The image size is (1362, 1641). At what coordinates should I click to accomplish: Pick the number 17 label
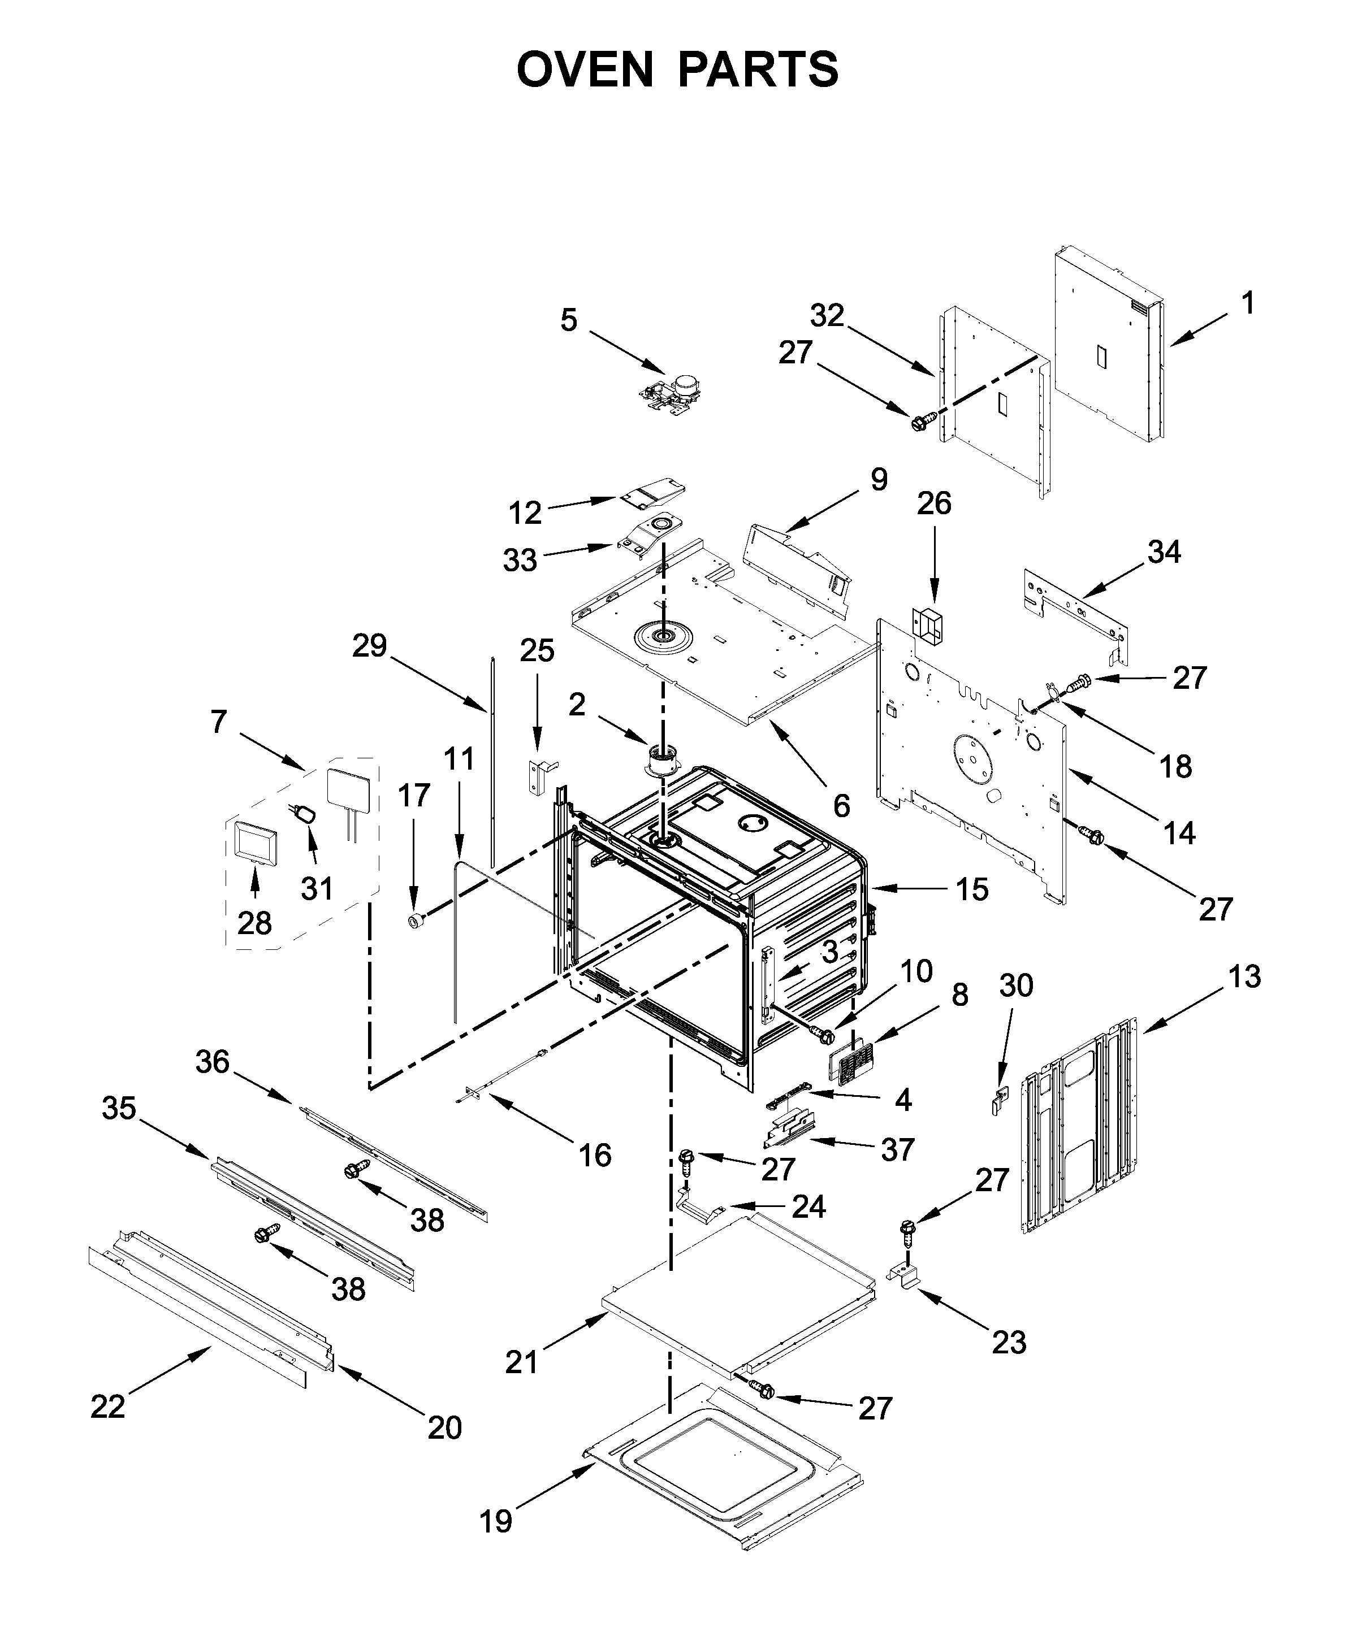point(414,796)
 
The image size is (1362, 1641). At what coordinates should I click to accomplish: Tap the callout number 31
point(317,888)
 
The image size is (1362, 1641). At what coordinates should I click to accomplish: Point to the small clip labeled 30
point(996,1104)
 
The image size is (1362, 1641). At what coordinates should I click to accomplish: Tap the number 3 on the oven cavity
point(829,951)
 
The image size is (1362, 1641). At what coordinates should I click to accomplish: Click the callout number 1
point(1248,303)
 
